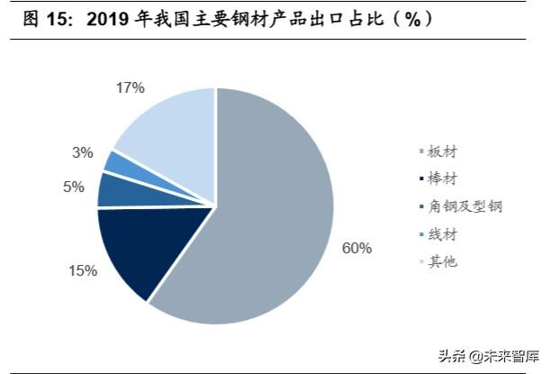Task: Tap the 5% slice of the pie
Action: (x=115, y=190)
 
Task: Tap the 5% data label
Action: (x=73, y=187)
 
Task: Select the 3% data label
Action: (x=83, y=153)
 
